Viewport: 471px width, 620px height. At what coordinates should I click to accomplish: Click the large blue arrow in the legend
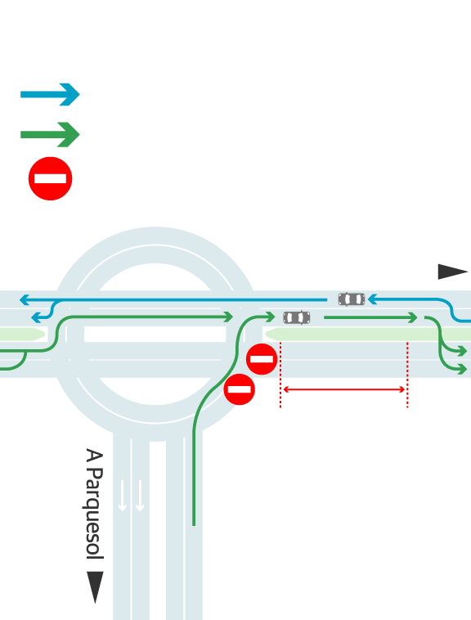pyautogui.click(x=50, y=95)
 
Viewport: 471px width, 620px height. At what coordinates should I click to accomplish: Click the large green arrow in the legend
pyautogui.click(x=50, y=134)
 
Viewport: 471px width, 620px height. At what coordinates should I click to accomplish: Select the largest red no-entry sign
pyautogui.click(x=50, y=179)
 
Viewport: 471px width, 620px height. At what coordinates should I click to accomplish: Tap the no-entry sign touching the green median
pyautogui.click(x=262, y=359)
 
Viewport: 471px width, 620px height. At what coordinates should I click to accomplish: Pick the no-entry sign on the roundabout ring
pyautogui.click(x=240, y=389)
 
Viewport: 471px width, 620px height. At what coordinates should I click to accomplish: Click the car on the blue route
pyautogui.click(x=352, y=299)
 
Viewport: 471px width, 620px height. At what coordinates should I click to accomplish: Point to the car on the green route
pyautogui.click(x=297, y=317)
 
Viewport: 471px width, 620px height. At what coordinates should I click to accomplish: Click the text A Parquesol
pyautogui.click(x=94, y=504)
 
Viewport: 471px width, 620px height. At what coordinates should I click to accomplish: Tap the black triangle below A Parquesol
pyautogui.click(x=95, y=586)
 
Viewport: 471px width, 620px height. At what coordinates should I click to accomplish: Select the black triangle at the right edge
pyautogui.click(x=452, y=272)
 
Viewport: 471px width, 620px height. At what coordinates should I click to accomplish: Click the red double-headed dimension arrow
pyautogui.click(x=344, y=389)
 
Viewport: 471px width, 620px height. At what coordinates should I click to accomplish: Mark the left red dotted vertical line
pyautogui.click(x=280, y=375)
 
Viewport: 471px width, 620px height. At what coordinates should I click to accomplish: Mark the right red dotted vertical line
pyautogui.click(x=407, y=375)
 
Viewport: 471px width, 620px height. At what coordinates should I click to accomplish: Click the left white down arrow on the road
pyautogui.click(x=123, y=496)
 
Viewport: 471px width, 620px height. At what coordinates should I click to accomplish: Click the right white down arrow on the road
pyautogui.click(x=140, y=496)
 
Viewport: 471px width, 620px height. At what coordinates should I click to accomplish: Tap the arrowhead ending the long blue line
pyautogui.click(x=24, y=299)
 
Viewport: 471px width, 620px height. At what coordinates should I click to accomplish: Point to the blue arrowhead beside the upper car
pyautogui.click(x=372, y=299)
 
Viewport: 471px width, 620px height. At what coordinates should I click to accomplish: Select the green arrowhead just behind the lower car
pyautogui.click(x=270, y=317)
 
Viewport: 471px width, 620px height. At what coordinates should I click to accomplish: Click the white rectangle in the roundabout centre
pyautogui.click(x=155, y=334)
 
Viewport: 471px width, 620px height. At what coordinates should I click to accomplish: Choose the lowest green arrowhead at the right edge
pyautogui.click(x=462, y=370)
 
